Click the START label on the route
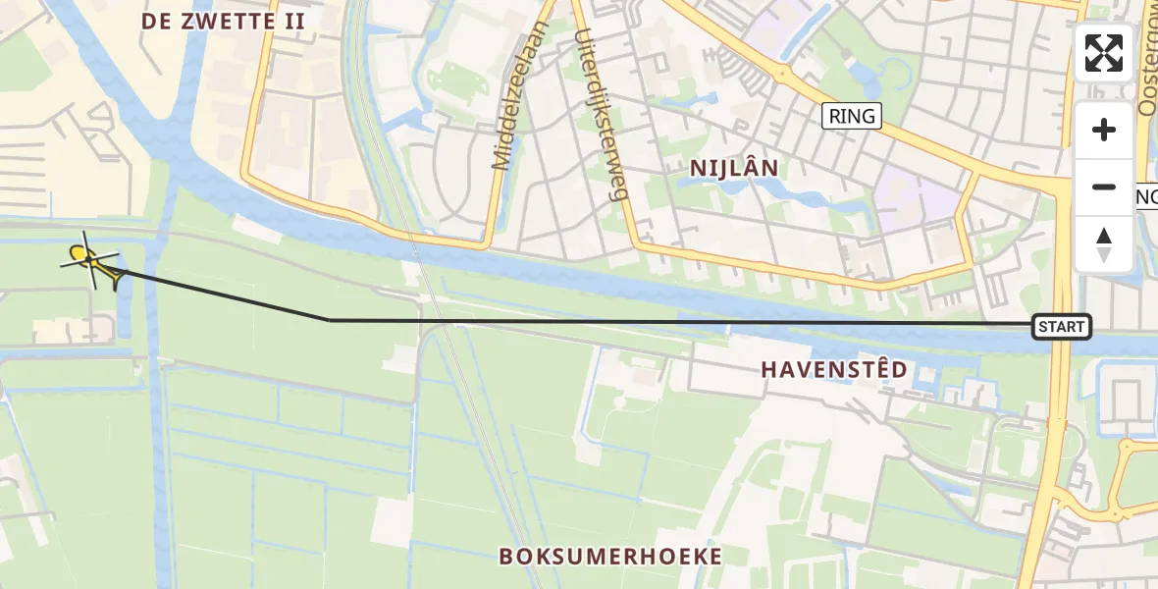(1062, 327)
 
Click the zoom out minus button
(1104, 187)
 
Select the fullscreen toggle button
(1104, 53)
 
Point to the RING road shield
(851, 116)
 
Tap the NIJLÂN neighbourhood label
(734, 168)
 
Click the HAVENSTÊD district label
(834, 370)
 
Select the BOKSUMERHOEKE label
(610, 557)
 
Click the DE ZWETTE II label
(223, 21)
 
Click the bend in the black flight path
(330, 319)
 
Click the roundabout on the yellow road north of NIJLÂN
(783, 73)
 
